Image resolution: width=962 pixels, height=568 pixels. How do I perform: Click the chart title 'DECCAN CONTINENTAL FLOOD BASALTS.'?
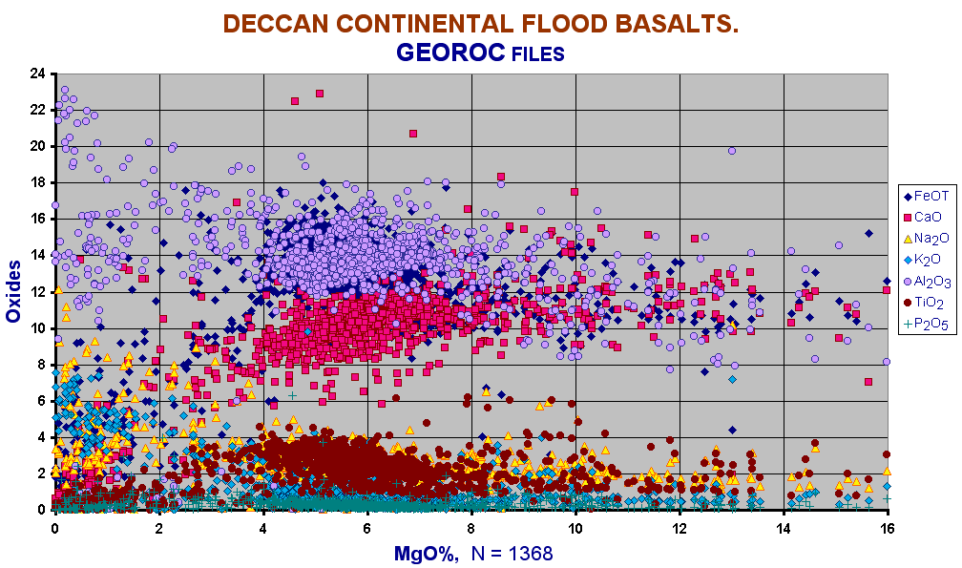(481, 24)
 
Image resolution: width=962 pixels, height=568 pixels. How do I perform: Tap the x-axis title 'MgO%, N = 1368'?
(473, 553)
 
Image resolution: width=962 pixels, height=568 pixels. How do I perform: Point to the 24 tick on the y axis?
(37, 74)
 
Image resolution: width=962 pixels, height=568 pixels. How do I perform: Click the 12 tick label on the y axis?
(37, 291)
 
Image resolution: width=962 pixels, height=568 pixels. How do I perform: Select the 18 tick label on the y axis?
(37, 182)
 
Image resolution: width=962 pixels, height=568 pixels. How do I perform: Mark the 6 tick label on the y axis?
(41, 401)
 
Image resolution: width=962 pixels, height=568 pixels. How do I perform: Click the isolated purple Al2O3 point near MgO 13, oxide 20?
(732, 151)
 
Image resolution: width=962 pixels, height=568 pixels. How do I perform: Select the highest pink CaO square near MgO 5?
(320, 94)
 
